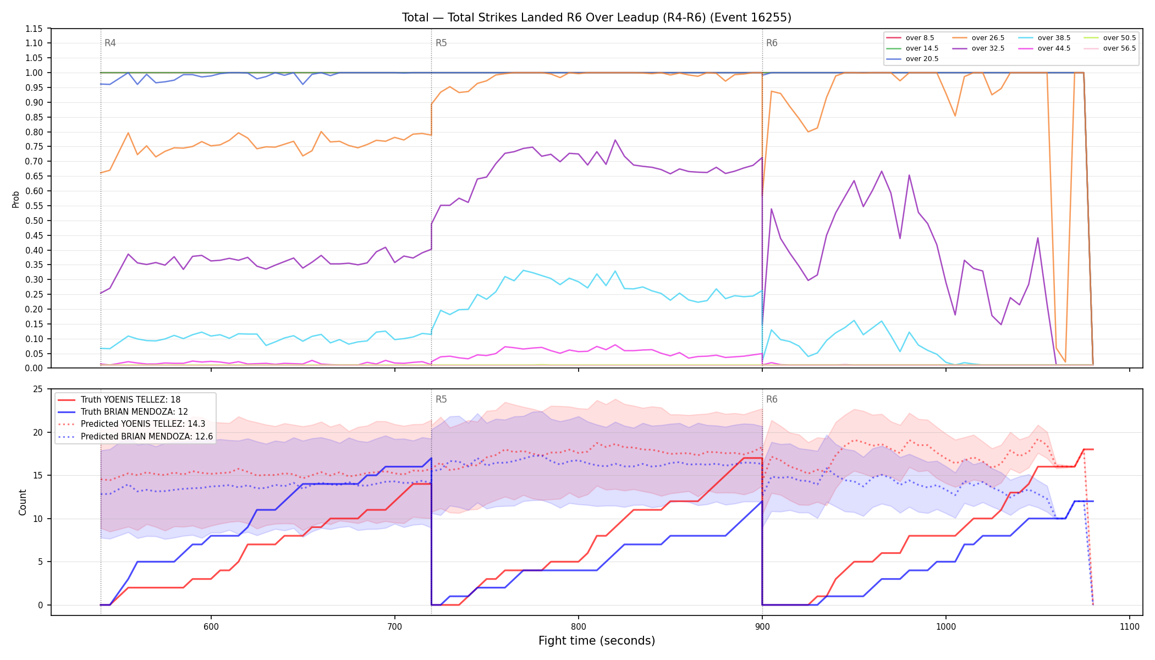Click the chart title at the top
coord(597,18)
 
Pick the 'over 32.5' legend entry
coord(979,48)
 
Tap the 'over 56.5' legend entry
coord(1110,48)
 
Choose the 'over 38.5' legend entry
coord(1045,38)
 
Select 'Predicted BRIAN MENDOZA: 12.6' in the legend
coord(135,436)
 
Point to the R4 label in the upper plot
coord(110,43)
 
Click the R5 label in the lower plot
coord(441,399)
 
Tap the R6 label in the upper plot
coord(772,43)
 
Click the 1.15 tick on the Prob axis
coord(34,29)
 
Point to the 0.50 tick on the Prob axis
coord(34,221)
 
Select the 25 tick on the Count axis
coord(38,389)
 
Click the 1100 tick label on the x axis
coord(1130,626)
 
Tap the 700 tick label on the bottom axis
coord(394,626)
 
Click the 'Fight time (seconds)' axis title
coord(597,641)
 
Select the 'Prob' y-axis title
coord(15,199)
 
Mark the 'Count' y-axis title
coord(23,502)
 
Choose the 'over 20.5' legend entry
coord(913,59)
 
